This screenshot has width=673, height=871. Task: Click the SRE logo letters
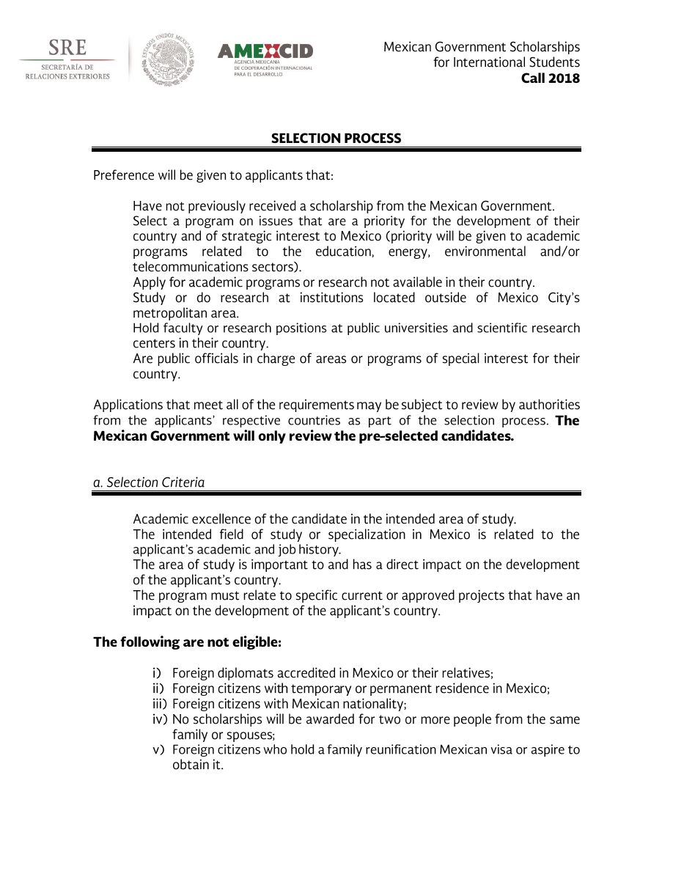point(67,48)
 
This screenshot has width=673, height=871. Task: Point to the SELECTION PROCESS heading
point(336,139)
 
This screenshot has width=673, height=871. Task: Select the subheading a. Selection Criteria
point(149,482)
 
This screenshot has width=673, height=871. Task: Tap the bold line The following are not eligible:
point(187,642)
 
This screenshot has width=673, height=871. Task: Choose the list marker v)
point(158,750)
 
